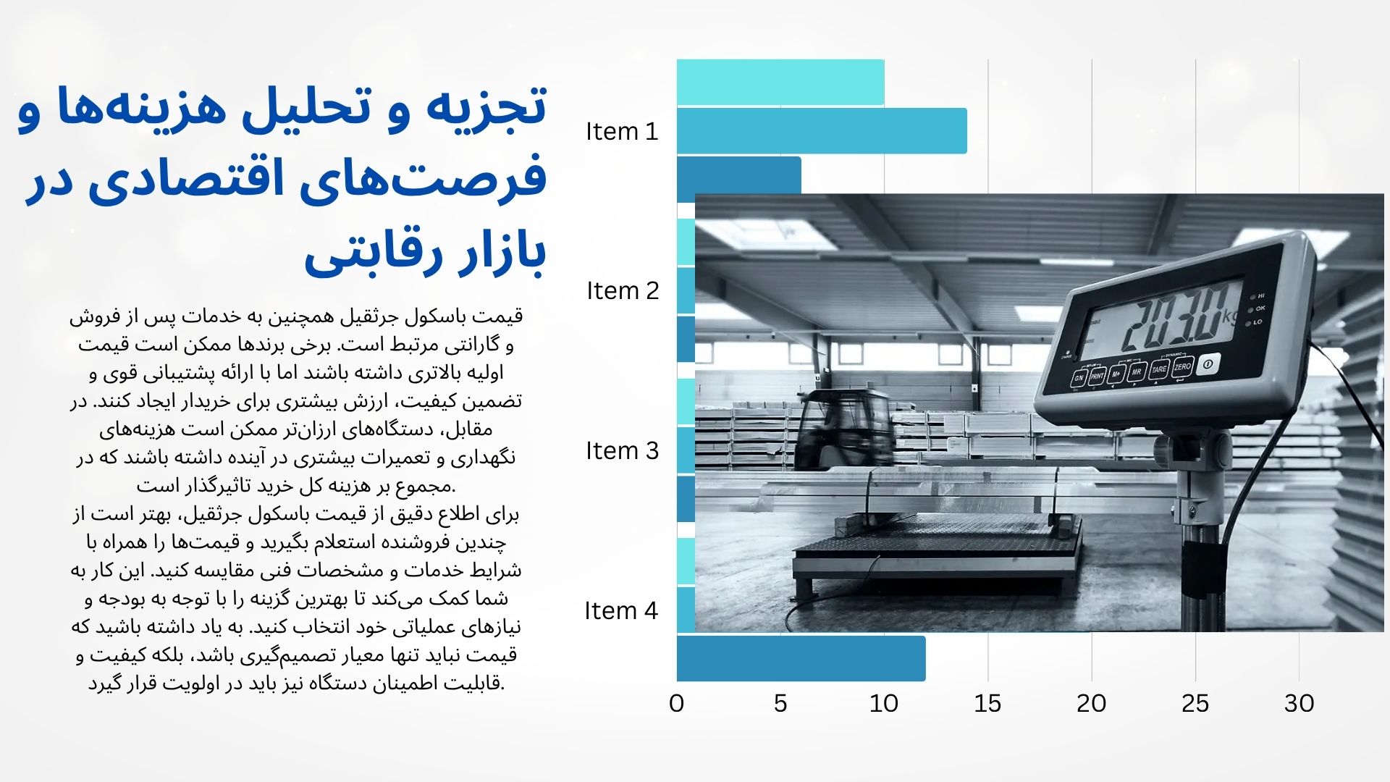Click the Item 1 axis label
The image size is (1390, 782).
pos(622,132)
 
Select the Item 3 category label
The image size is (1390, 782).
pos(623,451)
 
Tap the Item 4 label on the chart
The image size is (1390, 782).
pos(621,611)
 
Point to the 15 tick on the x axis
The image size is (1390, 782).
pos(987,704)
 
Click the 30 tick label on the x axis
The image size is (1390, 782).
pos(1299,704)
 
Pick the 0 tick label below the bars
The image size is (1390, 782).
pos(677,704)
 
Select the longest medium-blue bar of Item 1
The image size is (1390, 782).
pos(822,131)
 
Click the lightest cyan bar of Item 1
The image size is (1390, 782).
pos(780,83)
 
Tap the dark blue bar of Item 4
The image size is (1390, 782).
pos(801,658)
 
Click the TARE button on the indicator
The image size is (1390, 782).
pos(1159,369)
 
